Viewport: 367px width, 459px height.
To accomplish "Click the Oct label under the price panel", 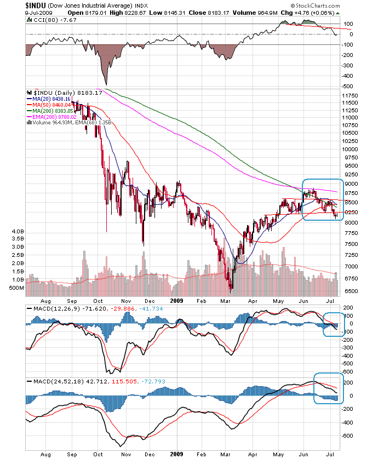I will coord(99,301).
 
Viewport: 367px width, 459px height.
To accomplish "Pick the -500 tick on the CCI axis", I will coord(348,86).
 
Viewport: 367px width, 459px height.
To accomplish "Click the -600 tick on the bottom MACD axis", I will coord(348,436).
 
